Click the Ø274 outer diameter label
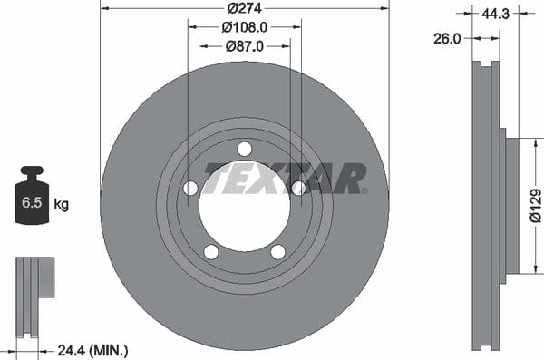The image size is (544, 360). coord(244,7)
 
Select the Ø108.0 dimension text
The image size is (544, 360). coord(244,27)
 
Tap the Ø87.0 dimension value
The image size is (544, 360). coord(244,46)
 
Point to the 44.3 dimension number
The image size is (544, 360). coord(495,14)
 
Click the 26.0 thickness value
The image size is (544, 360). coord(447,38)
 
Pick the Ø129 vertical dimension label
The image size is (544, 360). coord(536,206)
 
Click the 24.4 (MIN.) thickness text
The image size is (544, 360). coord(92,351)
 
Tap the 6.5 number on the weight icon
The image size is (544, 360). coord(32,202)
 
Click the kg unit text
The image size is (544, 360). coord(62,204)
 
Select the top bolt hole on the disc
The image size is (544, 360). coord(245,150)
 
